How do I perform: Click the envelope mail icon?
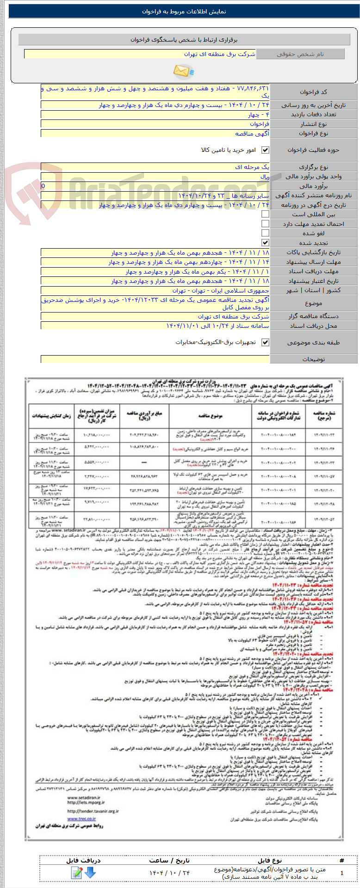coord(183,71)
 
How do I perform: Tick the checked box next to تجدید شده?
coord(265,243)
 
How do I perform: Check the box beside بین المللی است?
coord(265,214)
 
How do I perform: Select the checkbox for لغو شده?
coord(265,233)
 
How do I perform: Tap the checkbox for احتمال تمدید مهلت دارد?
coord(265,224)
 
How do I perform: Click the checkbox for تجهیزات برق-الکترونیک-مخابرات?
coord(265,342)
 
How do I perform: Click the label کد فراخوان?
coord(314,92)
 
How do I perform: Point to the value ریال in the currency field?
coord(265,176)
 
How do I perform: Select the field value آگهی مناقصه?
coord(252,134)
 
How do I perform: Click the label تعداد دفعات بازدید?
coord(314,114)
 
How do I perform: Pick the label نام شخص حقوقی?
coord(300,54)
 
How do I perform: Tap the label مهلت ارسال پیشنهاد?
coord(314,262)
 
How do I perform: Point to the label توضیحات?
coord(314,359)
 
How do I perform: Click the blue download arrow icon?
coord(90,872)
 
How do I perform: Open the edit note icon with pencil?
coord(77,872)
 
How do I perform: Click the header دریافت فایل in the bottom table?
coord(83,860)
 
